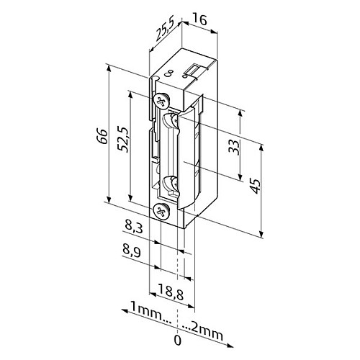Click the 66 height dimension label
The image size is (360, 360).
coord(102,136)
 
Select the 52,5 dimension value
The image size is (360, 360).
coord(124,139)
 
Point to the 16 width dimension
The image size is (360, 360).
coord(199,19)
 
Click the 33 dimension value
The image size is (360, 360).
coord(234,147)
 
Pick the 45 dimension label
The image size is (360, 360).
coord(256,186)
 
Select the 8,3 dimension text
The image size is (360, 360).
coord(134,228)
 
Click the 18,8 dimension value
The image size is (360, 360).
coord(171,292)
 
